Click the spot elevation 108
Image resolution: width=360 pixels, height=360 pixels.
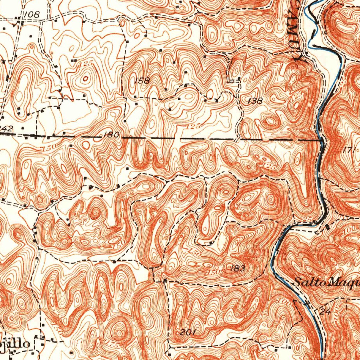tap(32, 14)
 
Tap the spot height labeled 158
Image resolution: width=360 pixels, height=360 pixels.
tap(142, 81)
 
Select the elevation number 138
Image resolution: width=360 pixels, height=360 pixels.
tap(255, 101)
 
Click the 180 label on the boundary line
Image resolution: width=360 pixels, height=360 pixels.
tap(111, 135)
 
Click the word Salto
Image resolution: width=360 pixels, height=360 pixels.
tap(305, 282)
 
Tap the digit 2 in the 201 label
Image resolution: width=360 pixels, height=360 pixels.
tap(182, 333)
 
